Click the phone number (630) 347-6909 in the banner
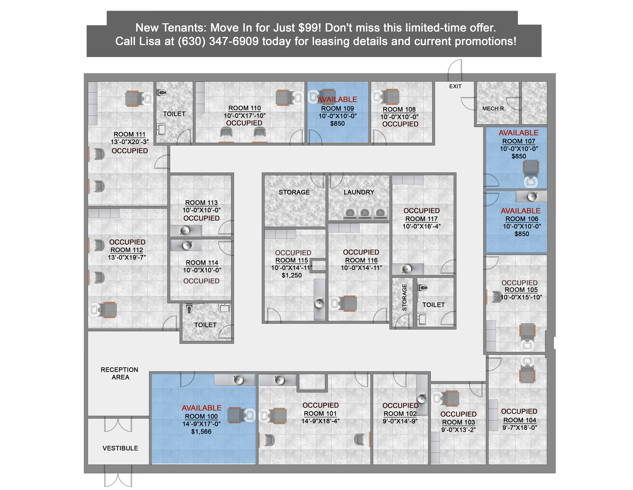click(218, 41)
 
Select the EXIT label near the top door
click(455, 86)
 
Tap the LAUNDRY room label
click(359, 192)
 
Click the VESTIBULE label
click(120, 448)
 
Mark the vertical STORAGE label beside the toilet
click(404, 298)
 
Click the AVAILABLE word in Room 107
click(519, 133)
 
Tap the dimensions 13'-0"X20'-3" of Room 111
click(130, 142)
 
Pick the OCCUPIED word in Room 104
click(519, 411)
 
